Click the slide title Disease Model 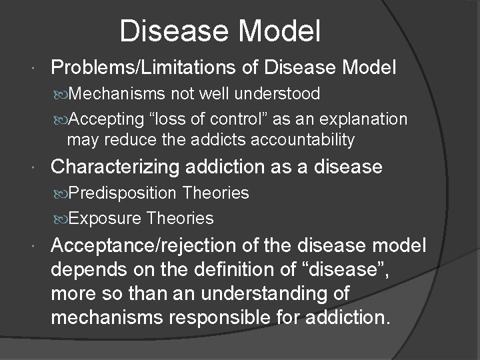coord(221,30)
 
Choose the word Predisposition coord(132,193)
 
